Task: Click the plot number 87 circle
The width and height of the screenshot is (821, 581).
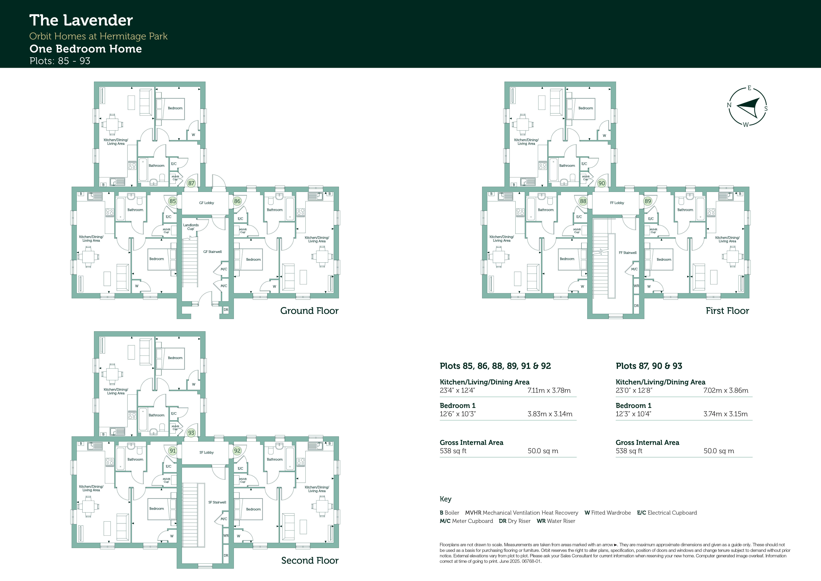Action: (x=191, y=183)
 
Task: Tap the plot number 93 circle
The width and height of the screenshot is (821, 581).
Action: (x=191, y=433)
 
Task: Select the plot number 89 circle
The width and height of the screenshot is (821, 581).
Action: (x=648, y=201)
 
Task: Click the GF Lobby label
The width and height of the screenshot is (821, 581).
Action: (x=207, y=203)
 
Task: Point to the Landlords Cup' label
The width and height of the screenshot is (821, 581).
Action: (x=191, y=227)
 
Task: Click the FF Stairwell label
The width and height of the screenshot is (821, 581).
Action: (x=628, y=253)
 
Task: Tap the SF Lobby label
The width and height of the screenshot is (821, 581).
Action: (x=207, y=453)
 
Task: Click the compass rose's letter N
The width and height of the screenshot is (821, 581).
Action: (x=729, y=105)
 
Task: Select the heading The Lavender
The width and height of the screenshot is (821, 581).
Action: (x=81, y=20)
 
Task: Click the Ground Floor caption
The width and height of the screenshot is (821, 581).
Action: (x=309, y=311)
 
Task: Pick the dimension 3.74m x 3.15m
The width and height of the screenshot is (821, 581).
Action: (x=726, y=414)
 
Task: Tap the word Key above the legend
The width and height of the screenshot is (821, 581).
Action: (x=446, y=499)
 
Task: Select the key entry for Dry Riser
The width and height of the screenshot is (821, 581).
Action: (x=515, y=521)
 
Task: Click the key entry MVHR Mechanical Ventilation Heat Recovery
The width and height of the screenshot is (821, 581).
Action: (x=522, y=513)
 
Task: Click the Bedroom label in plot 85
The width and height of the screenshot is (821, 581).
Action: (x=157, y=259)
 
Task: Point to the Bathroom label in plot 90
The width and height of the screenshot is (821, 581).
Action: (x=567, y=166)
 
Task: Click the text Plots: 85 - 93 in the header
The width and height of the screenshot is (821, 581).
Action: (x=60, y=61)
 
